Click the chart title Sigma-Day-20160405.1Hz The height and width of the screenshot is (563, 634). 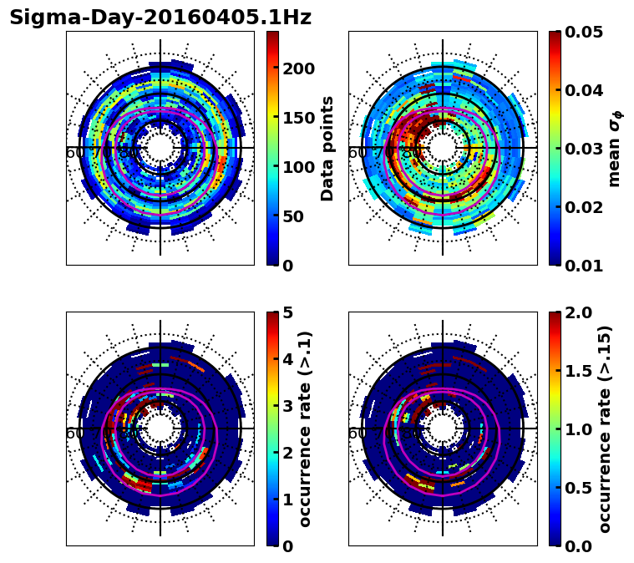(x=160, y=18)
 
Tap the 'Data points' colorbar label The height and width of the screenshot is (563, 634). (x=327, y=148)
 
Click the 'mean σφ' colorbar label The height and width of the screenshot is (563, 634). (x=614, y=148)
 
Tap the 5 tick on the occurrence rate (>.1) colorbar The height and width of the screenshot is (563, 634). (x=287, y=312)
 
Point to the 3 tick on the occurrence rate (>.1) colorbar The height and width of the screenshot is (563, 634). (x=287, y=406)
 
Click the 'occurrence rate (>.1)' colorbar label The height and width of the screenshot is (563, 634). (x=306, y=429)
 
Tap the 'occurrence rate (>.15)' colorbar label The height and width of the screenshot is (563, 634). (x=605, y=429)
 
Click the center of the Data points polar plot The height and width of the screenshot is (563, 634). (x=160, y=148)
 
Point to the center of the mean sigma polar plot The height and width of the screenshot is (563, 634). (x=443, y=148)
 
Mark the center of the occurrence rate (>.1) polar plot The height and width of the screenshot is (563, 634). (x=160, y=429)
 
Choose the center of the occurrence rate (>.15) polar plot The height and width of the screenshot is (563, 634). (x=443, y=429)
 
